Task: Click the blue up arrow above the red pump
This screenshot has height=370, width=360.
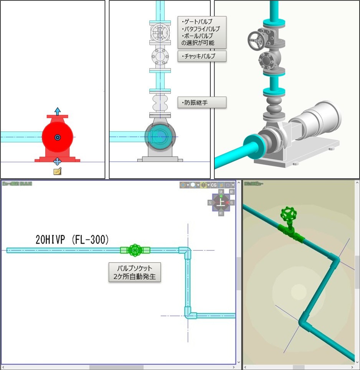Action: pyautogui.click(x=57, y=112)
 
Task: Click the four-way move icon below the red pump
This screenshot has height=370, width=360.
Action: pyautogui.click(x=57, y=161)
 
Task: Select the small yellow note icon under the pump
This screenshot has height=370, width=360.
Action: pyautogui.click(x=57, y=171)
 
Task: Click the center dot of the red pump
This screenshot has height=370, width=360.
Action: pyautogui.click(x=57, y=137)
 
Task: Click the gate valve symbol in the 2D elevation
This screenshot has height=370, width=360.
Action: pyautogui.click(x=160, y=33)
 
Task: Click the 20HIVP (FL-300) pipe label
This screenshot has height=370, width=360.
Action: pyautogui.click(x=73, y=240)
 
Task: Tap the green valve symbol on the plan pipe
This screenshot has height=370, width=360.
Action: pyautogui.click(x=135, y=250)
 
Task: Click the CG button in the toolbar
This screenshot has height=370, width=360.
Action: pyautogui.click(x=214, y=185)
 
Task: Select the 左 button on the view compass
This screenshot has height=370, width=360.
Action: pyautogui.click(x=210, y=202)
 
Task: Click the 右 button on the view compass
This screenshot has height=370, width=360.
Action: pyautogui.click(x=231, y=202)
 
